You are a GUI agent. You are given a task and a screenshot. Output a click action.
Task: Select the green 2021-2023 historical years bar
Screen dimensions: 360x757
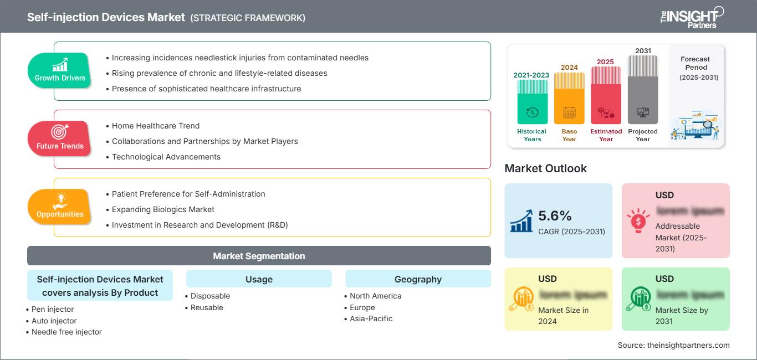point(532,102)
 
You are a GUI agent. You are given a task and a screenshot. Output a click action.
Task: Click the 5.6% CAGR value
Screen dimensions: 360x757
point(555,215)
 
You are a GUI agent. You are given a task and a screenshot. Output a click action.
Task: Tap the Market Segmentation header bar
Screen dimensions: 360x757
point(259,256)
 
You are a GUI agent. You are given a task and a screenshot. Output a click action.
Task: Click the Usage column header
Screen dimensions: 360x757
point(259,279)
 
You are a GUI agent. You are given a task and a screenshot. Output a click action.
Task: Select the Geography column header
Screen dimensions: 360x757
point(418,279)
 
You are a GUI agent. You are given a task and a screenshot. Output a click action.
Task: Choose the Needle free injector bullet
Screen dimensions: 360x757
point(67,332)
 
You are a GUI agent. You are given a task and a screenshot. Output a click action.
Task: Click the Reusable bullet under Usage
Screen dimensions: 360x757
point(207,307)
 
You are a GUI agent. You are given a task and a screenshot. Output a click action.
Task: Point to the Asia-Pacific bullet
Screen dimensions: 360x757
point(371,318)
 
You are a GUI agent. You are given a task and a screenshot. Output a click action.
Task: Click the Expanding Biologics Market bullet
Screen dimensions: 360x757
point(163,209)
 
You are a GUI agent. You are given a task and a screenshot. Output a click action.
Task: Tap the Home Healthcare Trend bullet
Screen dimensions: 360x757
point(156,126)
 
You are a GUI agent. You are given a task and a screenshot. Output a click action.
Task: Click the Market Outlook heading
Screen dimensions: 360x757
point(545,168)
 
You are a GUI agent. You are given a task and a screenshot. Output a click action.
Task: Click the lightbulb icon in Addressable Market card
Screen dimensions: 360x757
point(637,220)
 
